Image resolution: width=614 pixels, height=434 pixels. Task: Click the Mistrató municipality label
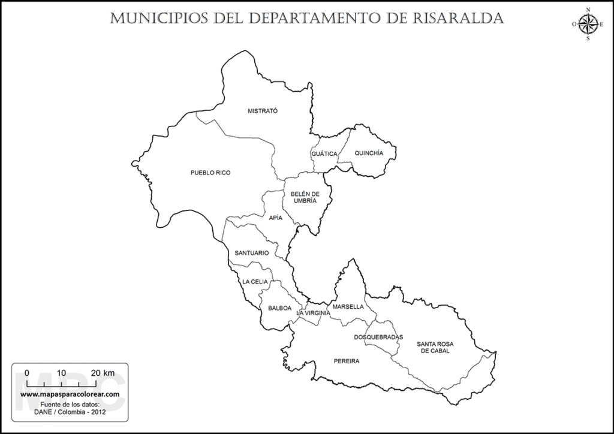pos(263,110)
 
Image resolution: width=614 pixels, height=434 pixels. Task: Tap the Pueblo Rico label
pos(210,173)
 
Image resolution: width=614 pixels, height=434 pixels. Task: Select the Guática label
pos(324,154)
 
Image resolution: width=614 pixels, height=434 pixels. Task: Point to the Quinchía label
pos(368,153)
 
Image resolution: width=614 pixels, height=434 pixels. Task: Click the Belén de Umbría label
pos(305,197)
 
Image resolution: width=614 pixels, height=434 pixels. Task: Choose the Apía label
pos(276,218)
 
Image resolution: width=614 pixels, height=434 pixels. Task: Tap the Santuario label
pos(252,253)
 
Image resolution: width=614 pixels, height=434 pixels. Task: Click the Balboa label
pos(280,308)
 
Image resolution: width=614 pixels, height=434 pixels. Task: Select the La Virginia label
pos(313,313)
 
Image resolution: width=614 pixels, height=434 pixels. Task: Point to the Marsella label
pos(348,306)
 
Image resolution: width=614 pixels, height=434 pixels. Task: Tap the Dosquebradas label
pos(378,337)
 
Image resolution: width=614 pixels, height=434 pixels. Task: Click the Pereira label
pos(347,361)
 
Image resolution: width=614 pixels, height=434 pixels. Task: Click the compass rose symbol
pos(588,24)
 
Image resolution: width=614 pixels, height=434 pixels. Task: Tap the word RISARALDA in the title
pos(458,19)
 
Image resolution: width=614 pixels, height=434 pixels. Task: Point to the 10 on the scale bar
pos(61,372)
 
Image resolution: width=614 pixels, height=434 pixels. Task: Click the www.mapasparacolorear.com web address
pos(70,394)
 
